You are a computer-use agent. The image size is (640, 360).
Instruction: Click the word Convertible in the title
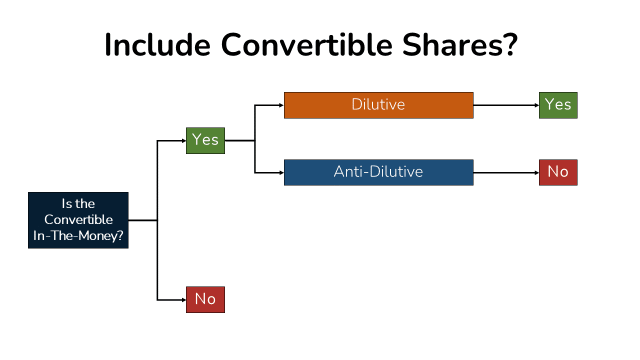pyautogui.click(x=306, y=45)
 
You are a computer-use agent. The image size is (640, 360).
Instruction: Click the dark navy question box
pyautogui.click(x=78, y=220)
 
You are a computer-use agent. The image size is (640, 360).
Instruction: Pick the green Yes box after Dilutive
pyautogui.click(x=558, y=105)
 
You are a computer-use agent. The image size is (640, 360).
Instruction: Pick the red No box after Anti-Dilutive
pyautogui.click(x=558, y=172)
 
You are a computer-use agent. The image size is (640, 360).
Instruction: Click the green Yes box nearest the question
pyautogui.click(x=205, y=140)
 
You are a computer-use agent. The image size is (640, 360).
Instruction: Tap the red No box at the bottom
pyautogui.click(x=205, y=299)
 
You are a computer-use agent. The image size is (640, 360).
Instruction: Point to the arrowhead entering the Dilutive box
pyautogui.click(x=281, y=105)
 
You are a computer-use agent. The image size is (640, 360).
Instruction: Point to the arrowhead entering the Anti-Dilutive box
pyautogui.click(x=281, y=172)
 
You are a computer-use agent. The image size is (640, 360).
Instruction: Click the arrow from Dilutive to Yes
pyautogui.click(x=505, y=105)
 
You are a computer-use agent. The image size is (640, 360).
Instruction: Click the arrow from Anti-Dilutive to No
pyautogui.click(x=505, y=172)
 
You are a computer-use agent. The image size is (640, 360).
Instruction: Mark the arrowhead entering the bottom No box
pyautogui.click(x=183, y=300)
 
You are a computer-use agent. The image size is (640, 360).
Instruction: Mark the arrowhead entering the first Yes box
pyautogui.click(x=183, y=140)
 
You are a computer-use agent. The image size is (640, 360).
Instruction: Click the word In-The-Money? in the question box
pyautogui.click(x=78, y=235)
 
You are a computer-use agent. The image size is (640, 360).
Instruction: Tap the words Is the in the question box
pyautogui.click(x=78, y=204)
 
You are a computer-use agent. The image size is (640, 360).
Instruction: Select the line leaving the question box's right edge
pyautogui.click(x=142, y=220)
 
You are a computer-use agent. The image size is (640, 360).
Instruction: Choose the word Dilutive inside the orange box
pyautogui.click(x=378, y=104)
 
